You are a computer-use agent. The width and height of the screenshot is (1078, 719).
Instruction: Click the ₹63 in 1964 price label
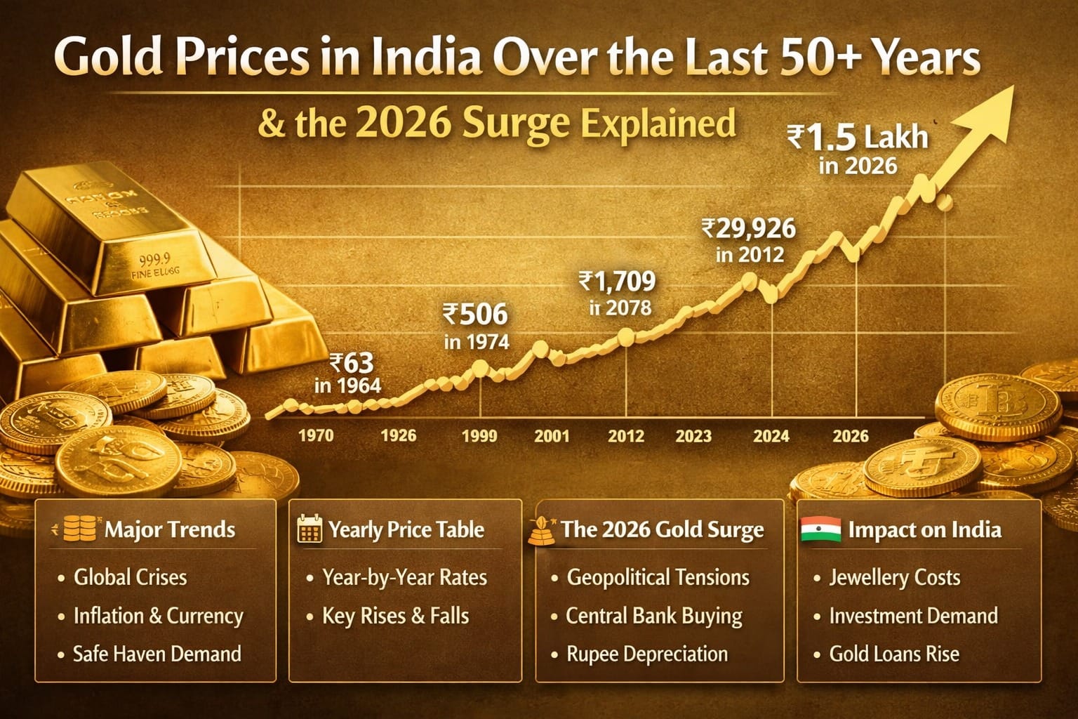point(349,374)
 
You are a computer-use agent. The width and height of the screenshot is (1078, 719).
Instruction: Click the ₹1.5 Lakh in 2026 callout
point(858,148)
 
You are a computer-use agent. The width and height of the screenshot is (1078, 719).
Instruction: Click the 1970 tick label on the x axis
point(316,435)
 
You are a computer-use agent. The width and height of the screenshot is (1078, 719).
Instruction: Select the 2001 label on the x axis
point(552,436)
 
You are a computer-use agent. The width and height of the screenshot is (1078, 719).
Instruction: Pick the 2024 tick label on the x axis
point(771,436)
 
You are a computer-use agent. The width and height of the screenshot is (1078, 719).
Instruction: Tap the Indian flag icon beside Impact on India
point(820,529)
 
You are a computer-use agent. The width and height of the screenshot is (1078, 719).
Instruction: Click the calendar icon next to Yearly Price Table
point(310,529)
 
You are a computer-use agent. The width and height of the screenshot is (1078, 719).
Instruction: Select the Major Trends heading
point(170,529)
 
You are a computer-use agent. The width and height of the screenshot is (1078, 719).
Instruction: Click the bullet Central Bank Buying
point(653,616)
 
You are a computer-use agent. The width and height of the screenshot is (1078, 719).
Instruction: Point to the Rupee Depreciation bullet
point(646,654)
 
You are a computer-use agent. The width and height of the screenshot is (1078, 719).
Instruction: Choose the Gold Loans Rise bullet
point(893,654)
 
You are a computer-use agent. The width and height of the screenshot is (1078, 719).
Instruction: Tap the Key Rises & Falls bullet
point(395,616)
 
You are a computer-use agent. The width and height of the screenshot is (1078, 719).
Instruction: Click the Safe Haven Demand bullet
point(157,654)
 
